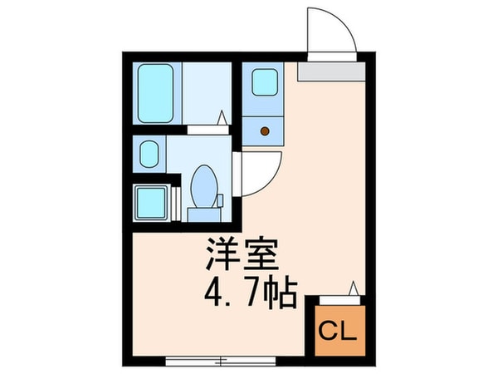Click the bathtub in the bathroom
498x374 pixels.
tap(156, 93)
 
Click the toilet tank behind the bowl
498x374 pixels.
tap(202, 214)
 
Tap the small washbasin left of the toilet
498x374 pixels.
tap(149, 155)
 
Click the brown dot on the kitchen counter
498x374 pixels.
tap(265, 130)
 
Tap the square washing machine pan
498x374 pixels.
tap(152, 202)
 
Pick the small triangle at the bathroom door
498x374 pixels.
tap(222, 119)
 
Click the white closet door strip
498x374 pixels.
tap(335, 297)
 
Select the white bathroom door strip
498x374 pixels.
tap(204, 129)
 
